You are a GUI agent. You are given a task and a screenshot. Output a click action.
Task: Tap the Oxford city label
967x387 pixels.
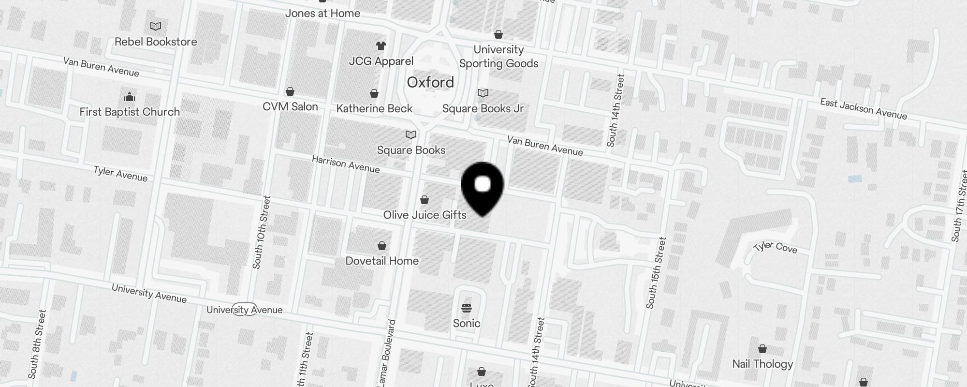[430, 82]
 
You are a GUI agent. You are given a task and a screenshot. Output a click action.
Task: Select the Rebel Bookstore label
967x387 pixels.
[156, 42]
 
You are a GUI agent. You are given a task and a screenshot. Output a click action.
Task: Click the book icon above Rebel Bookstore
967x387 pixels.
[156, 27]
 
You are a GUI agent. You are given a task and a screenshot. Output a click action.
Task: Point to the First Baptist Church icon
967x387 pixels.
[129, 97]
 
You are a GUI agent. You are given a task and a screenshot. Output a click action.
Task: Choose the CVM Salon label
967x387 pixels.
[290, 107]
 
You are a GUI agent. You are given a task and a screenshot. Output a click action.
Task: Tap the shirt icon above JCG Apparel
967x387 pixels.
[381, 46]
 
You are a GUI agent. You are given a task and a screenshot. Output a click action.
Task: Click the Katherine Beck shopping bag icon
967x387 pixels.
[374, 93]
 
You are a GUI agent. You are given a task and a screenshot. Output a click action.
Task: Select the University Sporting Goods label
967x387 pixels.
[498, 57]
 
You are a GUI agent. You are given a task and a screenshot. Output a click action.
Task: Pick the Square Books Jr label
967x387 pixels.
[483, 109]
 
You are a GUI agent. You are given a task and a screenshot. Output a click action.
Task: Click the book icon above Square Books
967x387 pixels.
[411, 134]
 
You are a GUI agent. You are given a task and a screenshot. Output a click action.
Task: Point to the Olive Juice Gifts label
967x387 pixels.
[425, 215]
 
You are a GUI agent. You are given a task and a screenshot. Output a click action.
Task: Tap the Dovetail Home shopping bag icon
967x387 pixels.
[382, 246]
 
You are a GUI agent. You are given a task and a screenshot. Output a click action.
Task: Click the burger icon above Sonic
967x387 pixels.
[467, 308]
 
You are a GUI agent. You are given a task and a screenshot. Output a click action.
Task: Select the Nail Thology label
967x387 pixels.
[762, 364]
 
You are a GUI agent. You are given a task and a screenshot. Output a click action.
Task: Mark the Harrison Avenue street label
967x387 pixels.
[346, 164]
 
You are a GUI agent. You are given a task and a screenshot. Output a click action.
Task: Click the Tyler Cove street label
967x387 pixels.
[775, 247]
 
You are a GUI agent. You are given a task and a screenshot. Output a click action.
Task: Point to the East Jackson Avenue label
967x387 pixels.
[863, 109]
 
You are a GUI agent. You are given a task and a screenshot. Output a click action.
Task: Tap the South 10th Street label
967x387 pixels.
[261, 232]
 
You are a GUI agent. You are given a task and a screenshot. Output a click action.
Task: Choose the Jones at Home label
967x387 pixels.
[322, 14]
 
